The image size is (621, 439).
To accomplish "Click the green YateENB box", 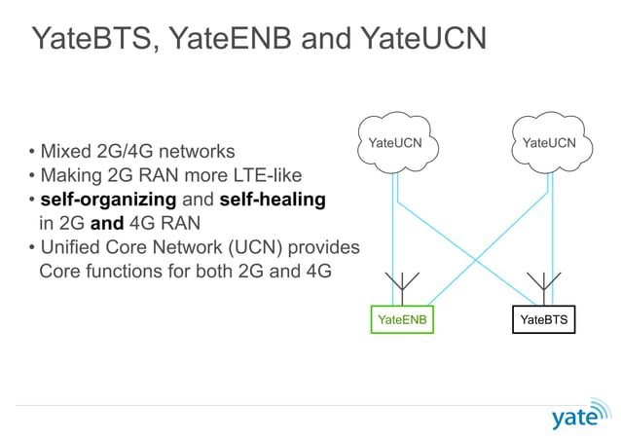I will [402, 319].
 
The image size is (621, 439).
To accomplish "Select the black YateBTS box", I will [543, 319].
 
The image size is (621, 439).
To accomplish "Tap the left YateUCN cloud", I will [395, 144].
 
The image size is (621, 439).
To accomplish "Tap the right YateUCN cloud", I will [548, 144].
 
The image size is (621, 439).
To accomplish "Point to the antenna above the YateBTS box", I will [539, 286].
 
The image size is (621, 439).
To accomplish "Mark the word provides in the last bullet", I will [326, 247].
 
